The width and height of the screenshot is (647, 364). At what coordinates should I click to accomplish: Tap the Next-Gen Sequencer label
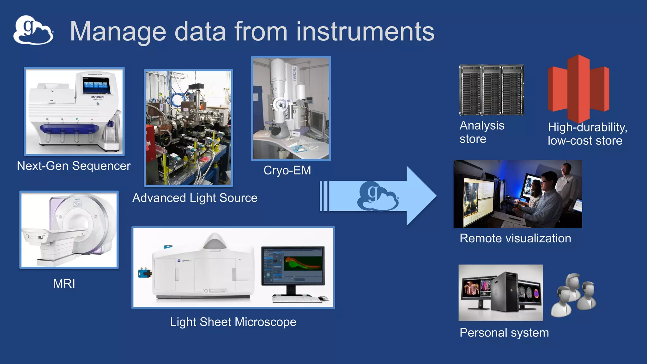pos(74,166)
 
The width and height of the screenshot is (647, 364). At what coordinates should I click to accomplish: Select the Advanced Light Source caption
pos(195,198)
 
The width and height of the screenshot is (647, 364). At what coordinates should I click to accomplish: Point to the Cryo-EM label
pos(287,171)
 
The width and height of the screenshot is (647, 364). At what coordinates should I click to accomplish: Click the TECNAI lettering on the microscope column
pos(294,74)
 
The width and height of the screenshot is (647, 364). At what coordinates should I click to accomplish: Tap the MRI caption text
pos(64,284)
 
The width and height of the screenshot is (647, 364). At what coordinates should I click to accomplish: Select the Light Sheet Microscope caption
pos(233,322)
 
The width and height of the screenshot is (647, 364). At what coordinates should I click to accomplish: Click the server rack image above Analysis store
pos(491,90)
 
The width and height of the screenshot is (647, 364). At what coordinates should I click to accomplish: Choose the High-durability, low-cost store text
pos(587,134)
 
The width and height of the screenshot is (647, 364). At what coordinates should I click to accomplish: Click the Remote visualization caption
pos(515,238)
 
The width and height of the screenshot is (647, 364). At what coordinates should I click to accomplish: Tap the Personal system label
pos(504,333)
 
